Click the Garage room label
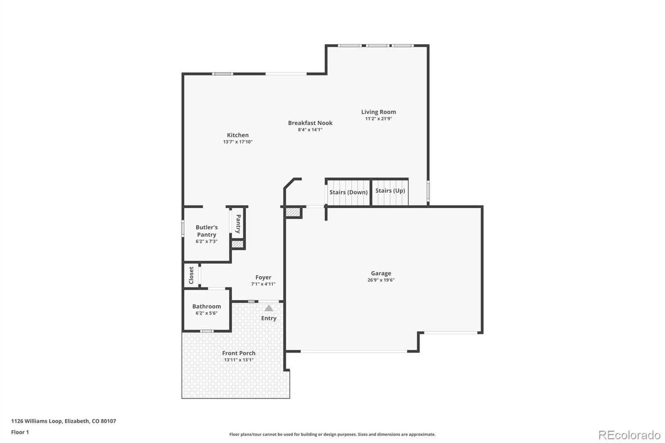381,273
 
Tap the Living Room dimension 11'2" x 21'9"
378,119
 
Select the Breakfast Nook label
310,123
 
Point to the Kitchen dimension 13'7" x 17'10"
238,142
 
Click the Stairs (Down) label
348,192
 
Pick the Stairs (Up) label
390,191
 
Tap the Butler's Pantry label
207,231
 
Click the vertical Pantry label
238,224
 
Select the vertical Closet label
191,275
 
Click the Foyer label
263,277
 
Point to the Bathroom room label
207,306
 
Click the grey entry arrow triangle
269,308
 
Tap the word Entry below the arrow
268,318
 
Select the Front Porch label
239,353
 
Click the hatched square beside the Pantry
237,244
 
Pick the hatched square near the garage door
293,212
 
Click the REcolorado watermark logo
629,435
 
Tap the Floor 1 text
20,432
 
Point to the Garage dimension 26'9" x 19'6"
381,280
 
